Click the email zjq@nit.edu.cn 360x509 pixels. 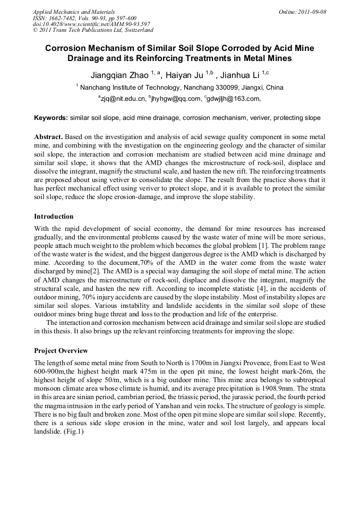[123, 98]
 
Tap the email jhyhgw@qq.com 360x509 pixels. [177, 98]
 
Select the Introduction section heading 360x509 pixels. [54, 217]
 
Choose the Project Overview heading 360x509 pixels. [61, 351]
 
